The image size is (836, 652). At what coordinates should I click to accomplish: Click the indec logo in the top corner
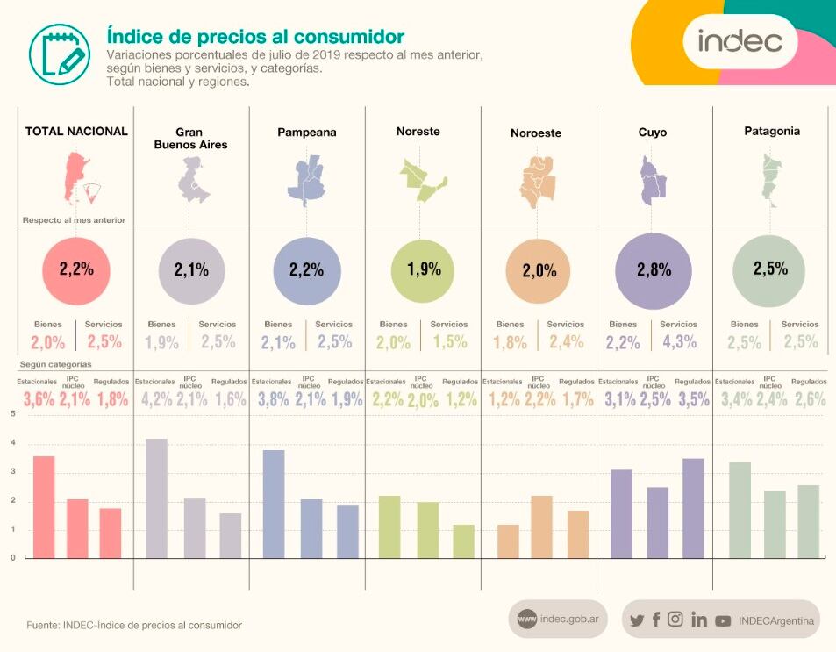[x=740, y=40]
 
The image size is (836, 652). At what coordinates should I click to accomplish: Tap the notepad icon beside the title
[x=59, y=49]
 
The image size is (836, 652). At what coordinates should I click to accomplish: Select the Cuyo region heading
[x=652, y=133]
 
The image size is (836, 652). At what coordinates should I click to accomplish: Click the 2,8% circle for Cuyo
[x=654, y=271]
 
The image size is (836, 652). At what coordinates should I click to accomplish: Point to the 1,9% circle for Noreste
[x=424, y=270]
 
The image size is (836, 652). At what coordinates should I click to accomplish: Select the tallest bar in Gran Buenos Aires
[x=156, y=498]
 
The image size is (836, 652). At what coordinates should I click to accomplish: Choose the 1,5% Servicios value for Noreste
[x=449, y=342]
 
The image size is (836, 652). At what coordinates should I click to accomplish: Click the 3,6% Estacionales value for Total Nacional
[x=38, y=400]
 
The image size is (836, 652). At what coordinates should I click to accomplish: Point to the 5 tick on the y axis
[x=12, y=414]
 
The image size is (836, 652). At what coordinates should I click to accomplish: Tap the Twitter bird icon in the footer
[x=637, y=620]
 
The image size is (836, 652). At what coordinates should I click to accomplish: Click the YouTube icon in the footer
[x=723, y=620]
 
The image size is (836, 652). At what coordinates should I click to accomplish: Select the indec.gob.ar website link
[x=558, y=620]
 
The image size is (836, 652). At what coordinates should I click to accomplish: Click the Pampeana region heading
[x=306, y=133]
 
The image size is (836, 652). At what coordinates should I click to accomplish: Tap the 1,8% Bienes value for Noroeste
[x=511, y=342]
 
